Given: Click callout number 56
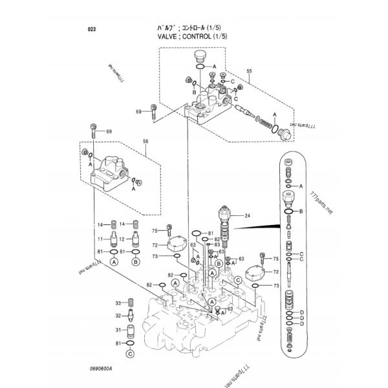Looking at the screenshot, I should pos(145,141).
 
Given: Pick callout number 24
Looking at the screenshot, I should pos(247,215).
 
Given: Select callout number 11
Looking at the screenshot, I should pos(100,239).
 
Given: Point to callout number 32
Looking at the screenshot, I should pos(118,316).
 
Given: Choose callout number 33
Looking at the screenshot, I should pos(118,303).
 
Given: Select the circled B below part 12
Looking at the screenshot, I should pos(136,263).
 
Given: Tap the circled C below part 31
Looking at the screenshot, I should pos(131,353).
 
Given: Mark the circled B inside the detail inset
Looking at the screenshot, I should pos(301,211).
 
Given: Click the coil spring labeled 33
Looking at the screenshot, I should pos(131,303).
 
